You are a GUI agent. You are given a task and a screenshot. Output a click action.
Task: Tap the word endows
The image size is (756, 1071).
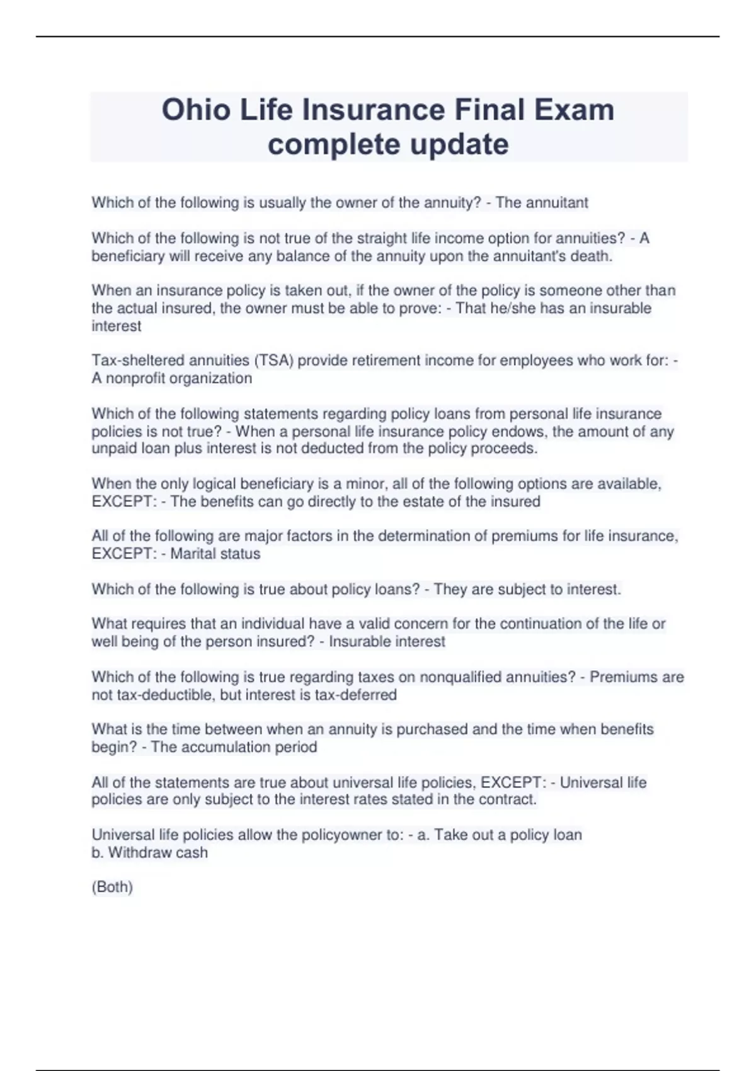click(541, 432)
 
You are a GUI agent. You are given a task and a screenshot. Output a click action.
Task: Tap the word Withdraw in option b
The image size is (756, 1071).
click(140, 852)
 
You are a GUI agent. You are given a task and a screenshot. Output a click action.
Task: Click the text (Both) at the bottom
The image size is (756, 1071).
click(112, 887)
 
